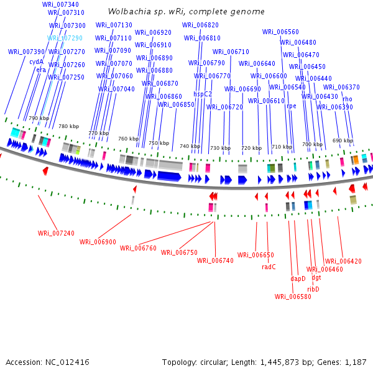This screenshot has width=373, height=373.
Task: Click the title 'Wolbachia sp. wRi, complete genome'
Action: (186, 12)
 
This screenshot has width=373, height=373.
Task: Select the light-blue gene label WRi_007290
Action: (65, 38)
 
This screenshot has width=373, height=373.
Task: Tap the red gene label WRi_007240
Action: (56, 233)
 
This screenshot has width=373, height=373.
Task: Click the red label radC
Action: (269, 267)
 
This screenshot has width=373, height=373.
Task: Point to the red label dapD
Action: (298, 279)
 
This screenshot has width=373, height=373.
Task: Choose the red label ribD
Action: (313, 289)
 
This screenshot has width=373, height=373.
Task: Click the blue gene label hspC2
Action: (203, 94)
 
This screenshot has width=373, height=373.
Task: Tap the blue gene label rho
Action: (348, 99)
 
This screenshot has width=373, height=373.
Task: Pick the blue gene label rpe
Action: (291, 106)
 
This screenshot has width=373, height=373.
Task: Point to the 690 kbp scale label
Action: (343, 140)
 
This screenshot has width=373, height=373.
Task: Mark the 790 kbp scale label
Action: (39, 118)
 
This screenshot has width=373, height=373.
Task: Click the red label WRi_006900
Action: (98, 242)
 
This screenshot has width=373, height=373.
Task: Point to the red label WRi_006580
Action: (293, 297)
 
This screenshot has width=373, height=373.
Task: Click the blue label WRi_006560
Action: (280, 32)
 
